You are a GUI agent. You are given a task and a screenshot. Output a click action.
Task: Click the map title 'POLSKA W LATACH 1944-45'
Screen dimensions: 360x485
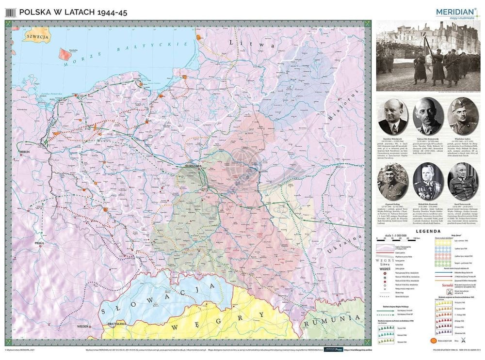click(x=73, y=12)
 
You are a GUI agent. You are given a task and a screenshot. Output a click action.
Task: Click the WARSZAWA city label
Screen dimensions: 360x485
click(x=191, y=166)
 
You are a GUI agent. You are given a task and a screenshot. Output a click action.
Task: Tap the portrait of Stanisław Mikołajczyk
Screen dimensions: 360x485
click(x=392, y=116)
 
